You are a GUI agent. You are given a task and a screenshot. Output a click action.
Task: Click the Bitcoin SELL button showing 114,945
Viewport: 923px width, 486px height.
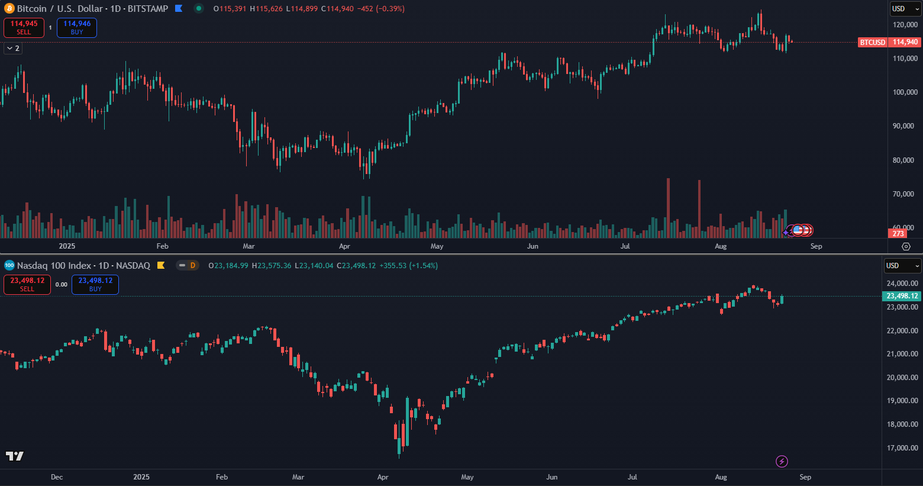(24, 28)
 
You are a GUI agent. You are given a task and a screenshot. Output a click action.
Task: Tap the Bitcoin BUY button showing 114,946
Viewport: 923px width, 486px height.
(77, 28)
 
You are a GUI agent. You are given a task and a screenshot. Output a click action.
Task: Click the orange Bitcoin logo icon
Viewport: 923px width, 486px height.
(9, 9)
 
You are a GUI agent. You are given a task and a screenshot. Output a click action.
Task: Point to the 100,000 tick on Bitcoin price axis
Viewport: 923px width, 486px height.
(905, 92)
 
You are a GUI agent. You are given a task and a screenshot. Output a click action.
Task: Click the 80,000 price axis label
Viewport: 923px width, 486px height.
(903, 160)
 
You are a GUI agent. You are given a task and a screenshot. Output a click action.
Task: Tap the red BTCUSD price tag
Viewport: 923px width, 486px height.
(873, 43)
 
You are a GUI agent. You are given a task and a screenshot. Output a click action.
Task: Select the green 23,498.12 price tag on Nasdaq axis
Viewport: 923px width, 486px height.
(902, 296)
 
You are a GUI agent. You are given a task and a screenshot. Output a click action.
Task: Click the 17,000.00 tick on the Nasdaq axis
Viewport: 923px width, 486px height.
(902, 448)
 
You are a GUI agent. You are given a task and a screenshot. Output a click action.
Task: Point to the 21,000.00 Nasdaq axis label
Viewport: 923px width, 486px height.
(902, 354)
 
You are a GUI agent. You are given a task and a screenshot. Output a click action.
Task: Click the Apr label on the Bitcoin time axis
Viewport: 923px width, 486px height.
(344, 246)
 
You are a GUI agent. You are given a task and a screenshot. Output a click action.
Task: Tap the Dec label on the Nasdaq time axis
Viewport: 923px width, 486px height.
(57, 477)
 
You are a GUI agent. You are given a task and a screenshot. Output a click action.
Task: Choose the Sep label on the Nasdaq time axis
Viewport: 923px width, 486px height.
(805, 477)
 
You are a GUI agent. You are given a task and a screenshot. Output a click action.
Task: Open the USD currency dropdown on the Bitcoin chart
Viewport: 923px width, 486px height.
(905, 9)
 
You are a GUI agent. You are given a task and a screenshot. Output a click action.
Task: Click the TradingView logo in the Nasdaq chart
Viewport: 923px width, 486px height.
(15, 456)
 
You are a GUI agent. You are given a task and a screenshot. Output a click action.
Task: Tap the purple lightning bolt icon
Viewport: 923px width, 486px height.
(782, 461)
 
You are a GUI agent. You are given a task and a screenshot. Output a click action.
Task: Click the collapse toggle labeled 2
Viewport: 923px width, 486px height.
(13, 49)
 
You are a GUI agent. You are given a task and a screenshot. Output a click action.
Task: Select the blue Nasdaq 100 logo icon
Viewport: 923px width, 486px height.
(9, 266)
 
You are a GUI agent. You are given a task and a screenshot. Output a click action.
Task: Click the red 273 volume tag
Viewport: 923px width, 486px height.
(898, 234)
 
